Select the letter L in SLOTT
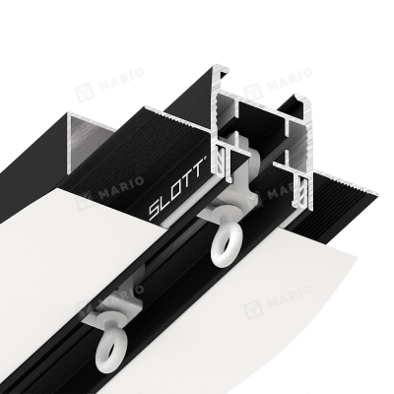(164, 201)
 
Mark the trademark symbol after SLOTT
(205, 159)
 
